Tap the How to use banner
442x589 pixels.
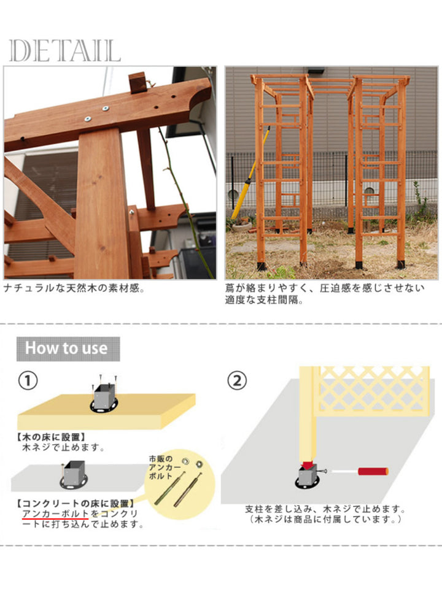pos(66,348)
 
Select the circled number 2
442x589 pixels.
pos(238,381)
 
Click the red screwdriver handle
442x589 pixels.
pos(373,471)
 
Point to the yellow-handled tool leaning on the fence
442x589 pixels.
pos(248,175)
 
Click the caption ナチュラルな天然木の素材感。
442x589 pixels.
pos(74,287)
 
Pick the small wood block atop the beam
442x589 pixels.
pos(139,82)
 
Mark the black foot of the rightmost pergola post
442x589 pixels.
pos(401,264)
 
